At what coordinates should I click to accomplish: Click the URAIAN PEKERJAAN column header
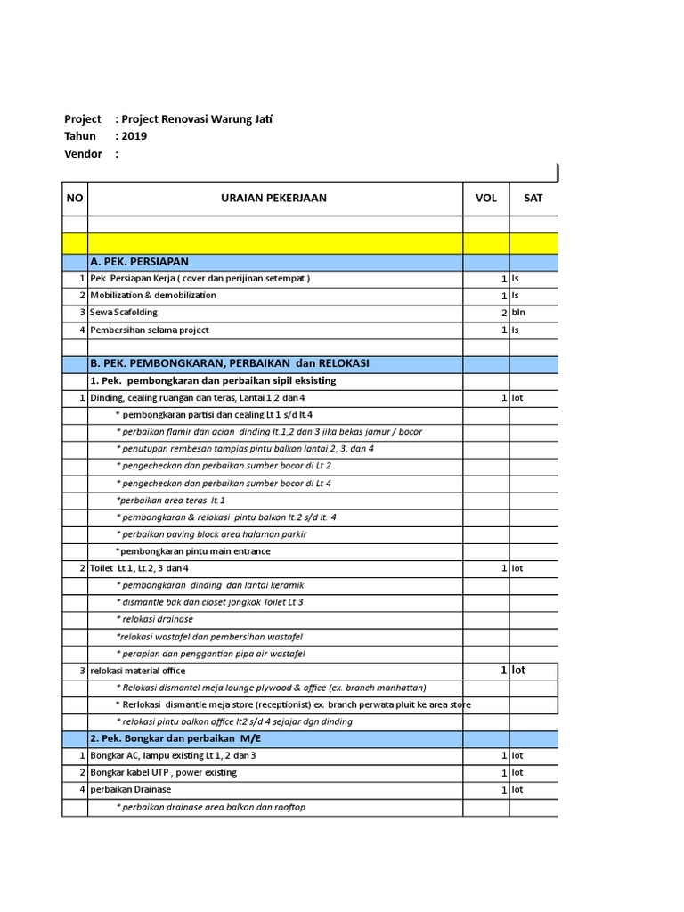point(273,198)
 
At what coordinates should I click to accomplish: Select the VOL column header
point(485,198)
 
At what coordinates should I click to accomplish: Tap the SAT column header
point(533,198)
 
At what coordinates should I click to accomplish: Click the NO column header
point(74,198)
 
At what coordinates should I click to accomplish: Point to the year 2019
point(134,136)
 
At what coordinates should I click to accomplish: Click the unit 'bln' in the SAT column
point(518,313)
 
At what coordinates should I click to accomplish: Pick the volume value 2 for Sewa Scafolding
point(504,313)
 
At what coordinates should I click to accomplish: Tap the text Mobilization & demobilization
point(152,296)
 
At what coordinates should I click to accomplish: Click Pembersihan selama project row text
point(149,330)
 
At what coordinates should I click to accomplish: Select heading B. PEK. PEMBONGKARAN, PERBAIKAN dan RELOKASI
point(229,363)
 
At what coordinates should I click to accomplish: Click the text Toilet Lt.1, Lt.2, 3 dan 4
point(139,568)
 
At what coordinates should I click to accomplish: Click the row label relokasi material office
point(136,671)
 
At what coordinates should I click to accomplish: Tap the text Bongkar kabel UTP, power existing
point(163,772)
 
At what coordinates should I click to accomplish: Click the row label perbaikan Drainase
point(130,789)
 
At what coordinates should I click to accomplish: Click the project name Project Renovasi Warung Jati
point(196,118)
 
